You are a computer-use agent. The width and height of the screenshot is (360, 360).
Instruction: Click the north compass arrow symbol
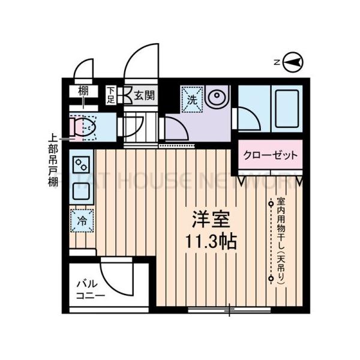pyautogui.click(x=293, y=61)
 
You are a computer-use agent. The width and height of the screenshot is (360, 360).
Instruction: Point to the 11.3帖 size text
pyautogui.click(x=209, y=241)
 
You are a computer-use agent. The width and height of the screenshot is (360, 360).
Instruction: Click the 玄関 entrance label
pyautogui.click(x=144, y=95)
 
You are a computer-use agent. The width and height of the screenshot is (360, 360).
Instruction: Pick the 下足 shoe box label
pyautogui.click(x=111, y=95)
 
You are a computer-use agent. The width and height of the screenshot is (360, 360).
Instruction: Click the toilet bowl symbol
pyautogui.click(x=83, y=127)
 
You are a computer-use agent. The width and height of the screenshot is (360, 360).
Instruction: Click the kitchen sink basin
pyautogui.click(x=81, y=191)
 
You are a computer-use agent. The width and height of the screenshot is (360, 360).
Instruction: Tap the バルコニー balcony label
pyautogui.click(x=90, y=290)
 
